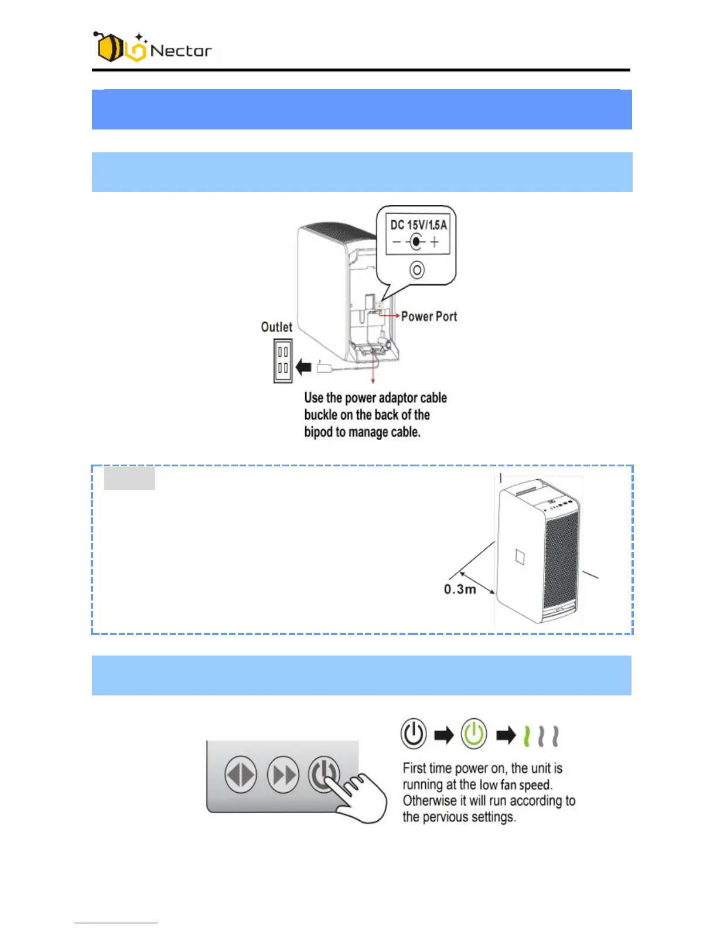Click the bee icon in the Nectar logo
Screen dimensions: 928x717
coord(109,47)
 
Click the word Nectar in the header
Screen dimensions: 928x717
coord(181,51)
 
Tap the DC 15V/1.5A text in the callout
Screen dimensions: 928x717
coord(418,225)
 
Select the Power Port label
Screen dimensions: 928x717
coord(429,316)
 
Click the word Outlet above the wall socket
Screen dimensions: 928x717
coord(276,327)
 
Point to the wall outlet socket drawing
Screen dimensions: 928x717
coord(283,361)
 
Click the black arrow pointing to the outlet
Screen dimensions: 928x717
coord(304,368)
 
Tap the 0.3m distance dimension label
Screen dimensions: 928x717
coord(460,589)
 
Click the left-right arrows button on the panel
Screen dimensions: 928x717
coord(241,775)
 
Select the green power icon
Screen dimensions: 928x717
coord(474,734)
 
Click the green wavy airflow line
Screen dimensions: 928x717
coord(527,736)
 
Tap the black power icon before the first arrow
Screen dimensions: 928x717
coord(414,734)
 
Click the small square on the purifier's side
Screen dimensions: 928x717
coord(520,556)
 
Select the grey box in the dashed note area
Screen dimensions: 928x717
coord(129,478)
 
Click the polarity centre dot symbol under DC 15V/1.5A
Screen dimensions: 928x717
coord(416,241)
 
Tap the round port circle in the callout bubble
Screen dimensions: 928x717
coord(416,270)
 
